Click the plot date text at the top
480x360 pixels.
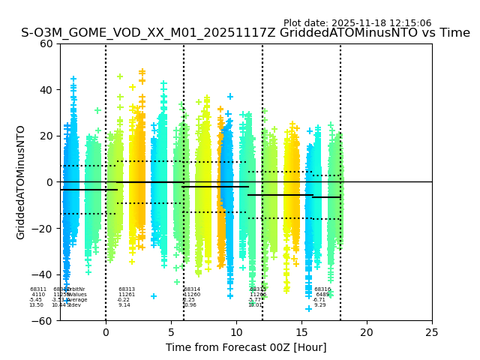[357, 23]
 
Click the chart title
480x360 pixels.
[245, 34]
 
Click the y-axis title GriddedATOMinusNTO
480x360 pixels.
[21, 182]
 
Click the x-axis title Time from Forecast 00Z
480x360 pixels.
[246, 347]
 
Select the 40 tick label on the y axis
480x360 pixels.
[45, 90]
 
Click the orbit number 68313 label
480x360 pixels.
[127, 289]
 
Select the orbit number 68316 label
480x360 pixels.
[322, 289]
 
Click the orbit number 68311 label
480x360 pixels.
[38, 289]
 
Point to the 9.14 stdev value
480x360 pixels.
[124, 305]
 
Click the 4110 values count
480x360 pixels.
[38, 295]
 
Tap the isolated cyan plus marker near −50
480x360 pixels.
[154, 296]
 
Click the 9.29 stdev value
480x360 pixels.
[320, 305]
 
